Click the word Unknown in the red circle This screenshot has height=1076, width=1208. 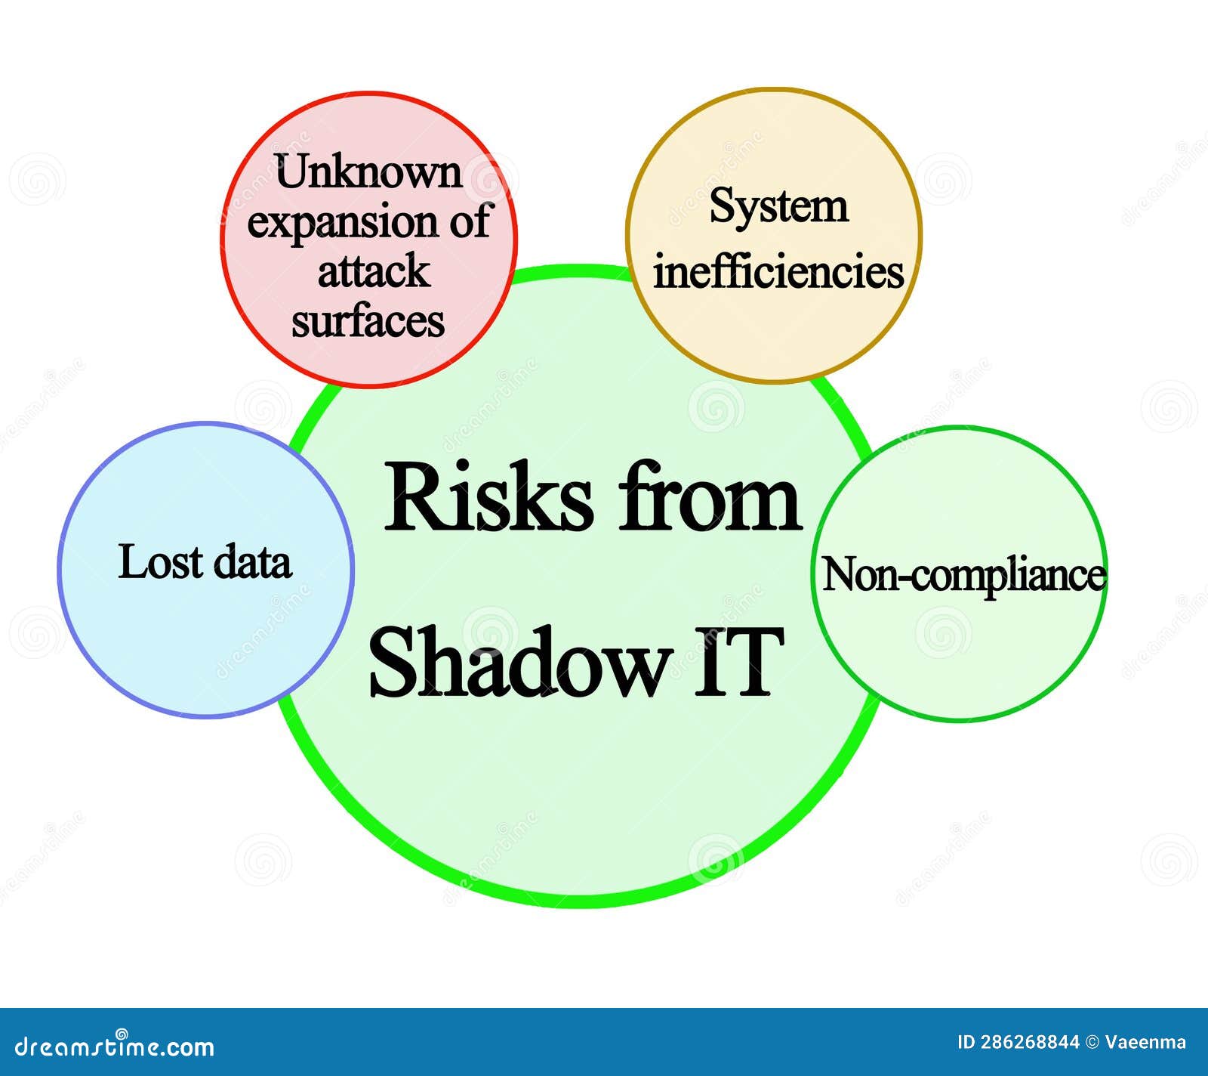click(368, 172)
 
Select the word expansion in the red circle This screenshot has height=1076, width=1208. click(344, 224)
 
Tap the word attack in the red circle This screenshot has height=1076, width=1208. click(373, 271)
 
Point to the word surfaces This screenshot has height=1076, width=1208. click(368, 321)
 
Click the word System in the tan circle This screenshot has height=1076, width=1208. click(778, 206)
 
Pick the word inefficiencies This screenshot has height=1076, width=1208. click(778, 272)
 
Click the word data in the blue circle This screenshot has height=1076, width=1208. click(252, 563)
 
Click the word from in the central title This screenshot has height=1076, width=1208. click(710, 498)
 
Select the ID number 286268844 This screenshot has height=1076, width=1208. click(1030, 1043)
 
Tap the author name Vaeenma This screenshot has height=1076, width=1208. click(1145, 1043)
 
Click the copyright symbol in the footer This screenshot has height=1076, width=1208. click(1092, 1043)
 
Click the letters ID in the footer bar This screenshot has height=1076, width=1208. click(966, 1043)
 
